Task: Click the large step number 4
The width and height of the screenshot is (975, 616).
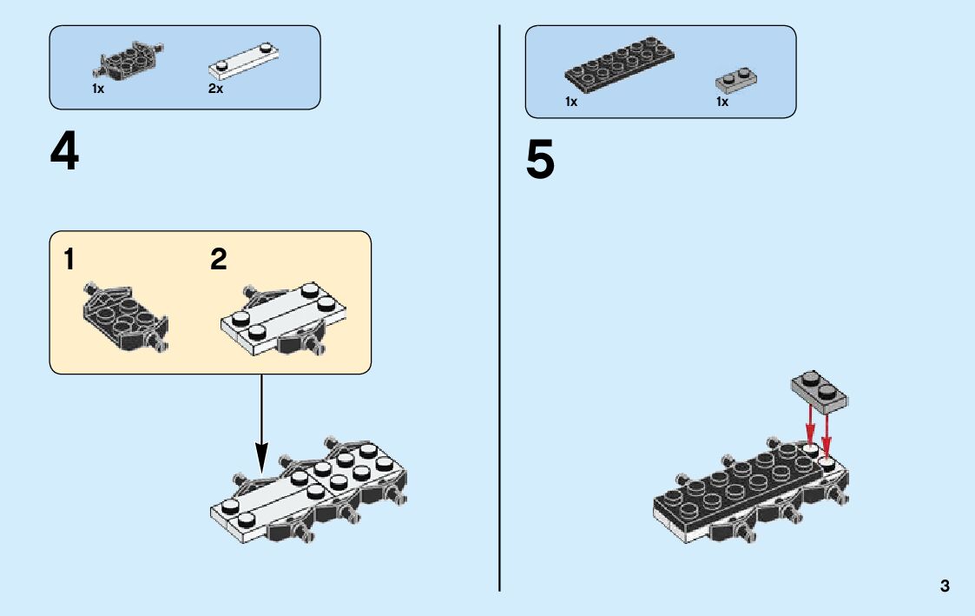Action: click(65, 153)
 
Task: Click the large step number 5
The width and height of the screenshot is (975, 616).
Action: click(540, 162)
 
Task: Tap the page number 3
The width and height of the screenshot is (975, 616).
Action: click(945, 586)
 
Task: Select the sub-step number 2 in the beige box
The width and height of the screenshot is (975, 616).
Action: click(219, 259)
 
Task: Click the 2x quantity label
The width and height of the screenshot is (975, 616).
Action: click(215, 89)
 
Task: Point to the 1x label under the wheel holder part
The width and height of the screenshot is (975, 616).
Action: click(98, 89)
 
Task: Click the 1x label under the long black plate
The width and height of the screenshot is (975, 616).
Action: click(571, 102)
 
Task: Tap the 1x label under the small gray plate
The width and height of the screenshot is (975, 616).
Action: click(722, 102)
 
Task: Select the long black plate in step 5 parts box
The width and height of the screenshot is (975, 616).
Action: click(619, 64)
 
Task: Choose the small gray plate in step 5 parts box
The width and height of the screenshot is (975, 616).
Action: click(736, 79)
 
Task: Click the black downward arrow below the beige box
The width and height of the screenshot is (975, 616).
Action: click(260, 426)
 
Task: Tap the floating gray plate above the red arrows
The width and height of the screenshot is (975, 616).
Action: click(819, 392)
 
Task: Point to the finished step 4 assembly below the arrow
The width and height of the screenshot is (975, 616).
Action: click(310, 491)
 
